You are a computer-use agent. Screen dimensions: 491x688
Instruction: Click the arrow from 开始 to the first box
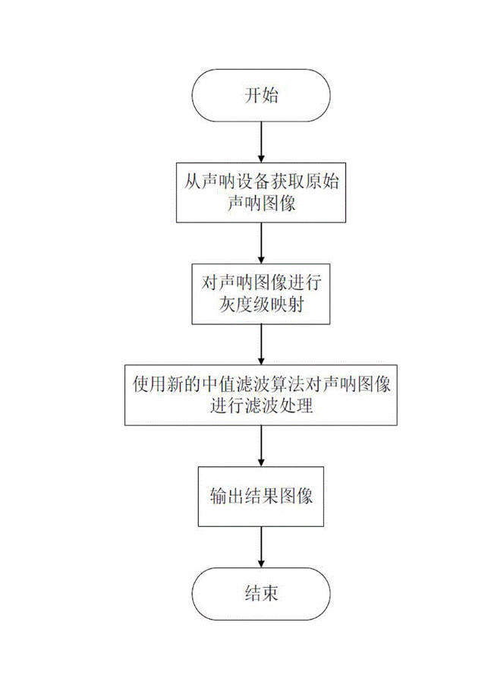tap(261, 142)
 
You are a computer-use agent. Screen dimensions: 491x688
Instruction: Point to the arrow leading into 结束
tap(261, 547)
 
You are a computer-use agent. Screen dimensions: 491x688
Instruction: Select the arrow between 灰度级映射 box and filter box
tap(261, 345)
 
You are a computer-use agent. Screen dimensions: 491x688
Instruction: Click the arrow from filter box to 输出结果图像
tap(261, 446)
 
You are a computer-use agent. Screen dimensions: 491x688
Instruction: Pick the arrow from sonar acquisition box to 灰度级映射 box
tap(261, 243)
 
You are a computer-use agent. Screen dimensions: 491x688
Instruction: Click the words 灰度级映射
tap(261, 304)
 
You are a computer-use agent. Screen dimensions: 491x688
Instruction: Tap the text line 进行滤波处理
tap(261, 405)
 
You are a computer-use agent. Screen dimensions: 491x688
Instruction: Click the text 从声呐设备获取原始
tap(261, 181)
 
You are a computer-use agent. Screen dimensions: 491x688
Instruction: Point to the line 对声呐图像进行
tap(261, 282)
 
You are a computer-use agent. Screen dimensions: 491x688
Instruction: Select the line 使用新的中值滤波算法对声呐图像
tap(261, 384)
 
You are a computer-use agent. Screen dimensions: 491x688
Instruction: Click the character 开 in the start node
tap(253, 95)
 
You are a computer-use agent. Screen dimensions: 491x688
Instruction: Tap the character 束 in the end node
tap(270, 594)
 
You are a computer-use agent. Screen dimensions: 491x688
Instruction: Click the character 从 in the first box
tap(192, 181)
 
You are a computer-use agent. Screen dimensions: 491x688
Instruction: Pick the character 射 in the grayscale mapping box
tap(296, 304)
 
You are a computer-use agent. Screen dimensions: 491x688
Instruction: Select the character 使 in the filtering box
tap(141, 384)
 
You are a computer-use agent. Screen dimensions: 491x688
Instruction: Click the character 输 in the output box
tap(219, 496)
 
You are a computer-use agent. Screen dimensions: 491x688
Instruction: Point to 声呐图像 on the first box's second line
tap(261, 203)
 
